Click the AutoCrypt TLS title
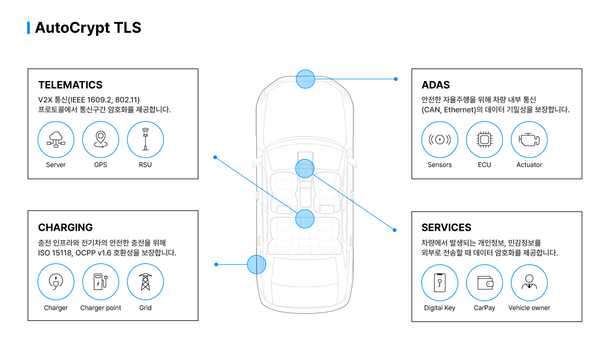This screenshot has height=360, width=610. click(x=88, y=28)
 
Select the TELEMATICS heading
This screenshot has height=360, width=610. click(x=70, y=85)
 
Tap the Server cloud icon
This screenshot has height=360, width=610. click(x=56, y=140)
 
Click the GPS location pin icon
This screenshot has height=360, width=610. click(x=101, y=140)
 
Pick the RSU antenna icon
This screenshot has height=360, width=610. click(x=145, y=140)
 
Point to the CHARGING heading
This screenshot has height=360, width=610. click(x=65, y=227)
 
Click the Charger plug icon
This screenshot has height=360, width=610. click(x=56, y=282)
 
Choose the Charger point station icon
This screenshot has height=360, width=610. click(x=101, y=282)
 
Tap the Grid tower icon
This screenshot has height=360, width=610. click(x=145, y=282)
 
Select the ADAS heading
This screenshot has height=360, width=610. click(x=436, y=85)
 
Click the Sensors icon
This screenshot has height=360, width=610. click(x=439, y=140)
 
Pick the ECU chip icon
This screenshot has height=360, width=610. click(x=484, y=140)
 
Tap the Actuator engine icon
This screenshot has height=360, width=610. click(x=529, y=140)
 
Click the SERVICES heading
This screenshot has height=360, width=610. click(x=446, y=227)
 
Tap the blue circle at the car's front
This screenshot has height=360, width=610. click(x=305, y=79)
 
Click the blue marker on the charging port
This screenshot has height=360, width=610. click(x=256, y=264)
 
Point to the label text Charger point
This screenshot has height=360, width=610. click(x=101, y=308)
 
